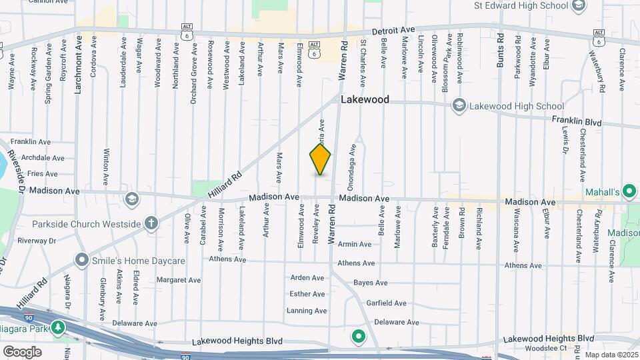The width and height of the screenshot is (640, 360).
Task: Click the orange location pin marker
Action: pos(320,159)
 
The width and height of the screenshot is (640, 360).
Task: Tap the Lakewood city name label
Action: pos(365,100)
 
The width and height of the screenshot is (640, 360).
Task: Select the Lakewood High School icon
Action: pos(459,106)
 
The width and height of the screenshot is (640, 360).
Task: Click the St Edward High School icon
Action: pos(578,6)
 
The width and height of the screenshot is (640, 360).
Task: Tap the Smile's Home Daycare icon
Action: pos(82,259)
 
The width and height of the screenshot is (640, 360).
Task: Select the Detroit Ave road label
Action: pos(393,31)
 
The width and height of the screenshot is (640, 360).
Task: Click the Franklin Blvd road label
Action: pos(577,123)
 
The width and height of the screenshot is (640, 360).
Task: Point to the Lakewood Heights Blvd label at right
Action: pos(548,339)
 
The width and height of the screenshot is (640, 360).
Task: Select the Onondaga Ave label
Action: pos(352,166)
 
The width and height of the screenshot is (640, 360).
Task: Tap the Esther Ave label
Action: pos(307,294)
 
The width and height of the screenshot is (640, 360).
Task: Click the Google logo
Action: pos(22,351)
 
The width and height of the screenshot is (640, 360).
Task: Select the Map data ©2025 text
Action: pos(611,355)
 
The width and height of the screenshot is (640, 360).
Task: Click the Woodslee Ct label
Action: pos(544,348)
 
